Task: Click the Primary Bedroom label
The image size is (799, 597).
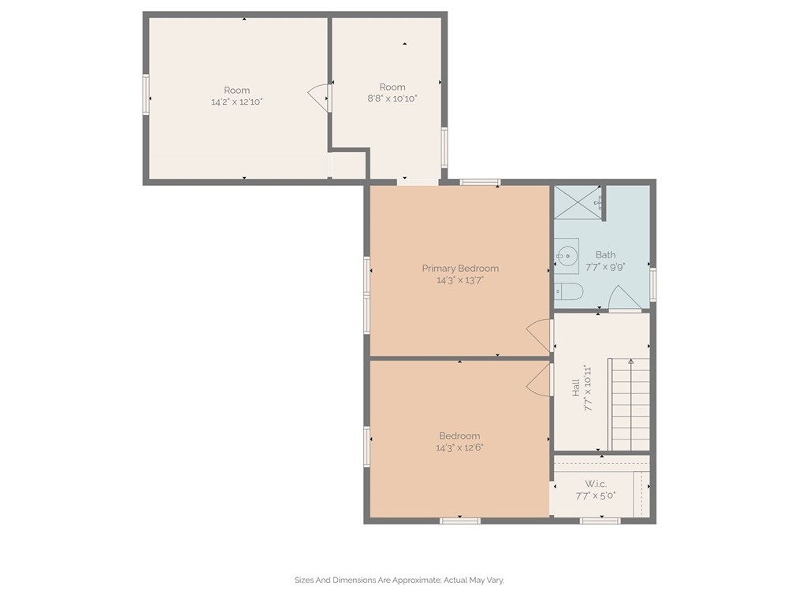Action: point(460,269)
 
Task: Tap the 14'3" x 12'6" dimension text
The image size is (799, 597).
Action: point(459,447)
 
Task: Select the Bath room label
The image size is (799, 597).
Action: point(605,254)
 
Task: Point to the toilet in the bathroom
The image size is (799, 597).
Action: point(568,292)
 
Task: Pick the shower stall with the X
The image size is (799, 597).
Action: point(578,202)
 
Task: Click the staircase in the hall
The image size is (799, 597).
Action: point(630,404)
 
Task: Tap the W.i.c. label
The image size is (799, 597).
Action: point(596,484)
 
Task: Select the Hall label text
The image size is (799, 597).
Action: point(576,387)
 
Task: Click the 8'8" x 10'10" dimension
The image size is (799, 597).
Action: point(392,98)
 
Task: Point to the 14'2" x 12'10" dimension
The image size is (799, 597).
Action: point(237,102)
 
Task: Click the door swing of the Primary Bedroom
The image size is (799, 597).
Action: point(539,336)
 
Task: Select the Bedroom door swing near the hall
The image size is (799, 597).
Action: point(539,380)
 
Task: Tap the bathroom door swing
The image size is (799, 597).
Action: point(625,298)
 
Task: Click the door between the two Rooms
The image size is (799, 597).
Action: point(319,98)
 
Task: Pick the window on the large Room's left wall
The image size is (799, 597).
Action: point(147,95)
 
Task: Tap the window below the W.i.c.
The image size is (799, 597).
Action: point(600,521)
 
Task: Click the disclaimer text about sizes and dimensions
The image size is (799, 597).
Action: point(399,580)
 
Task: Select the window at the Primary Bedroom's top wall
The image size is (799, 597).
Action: point(480,183)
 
